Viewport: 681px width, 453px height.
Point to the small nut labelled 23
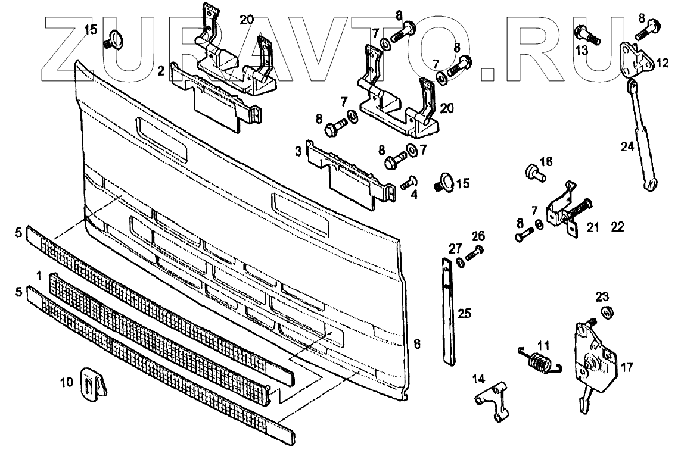(x=608, y=311)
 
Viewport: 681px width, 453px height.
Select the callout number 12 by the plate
(x=663, y=63)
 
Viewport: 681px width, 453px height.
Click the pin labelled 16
(x=534, y=173)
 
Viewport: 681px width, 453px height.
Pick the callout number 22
(x=617, y=227)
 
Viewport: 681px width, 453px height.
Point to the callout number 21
(x=592, y=227)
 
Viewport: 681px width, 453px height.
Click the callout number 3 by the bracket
(x=297, y=152)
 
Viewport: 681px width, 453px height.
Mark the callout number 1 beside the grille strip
(x=38, y=276)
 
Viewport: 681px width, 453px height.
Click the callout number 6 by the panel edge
(x=417, y=343)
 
